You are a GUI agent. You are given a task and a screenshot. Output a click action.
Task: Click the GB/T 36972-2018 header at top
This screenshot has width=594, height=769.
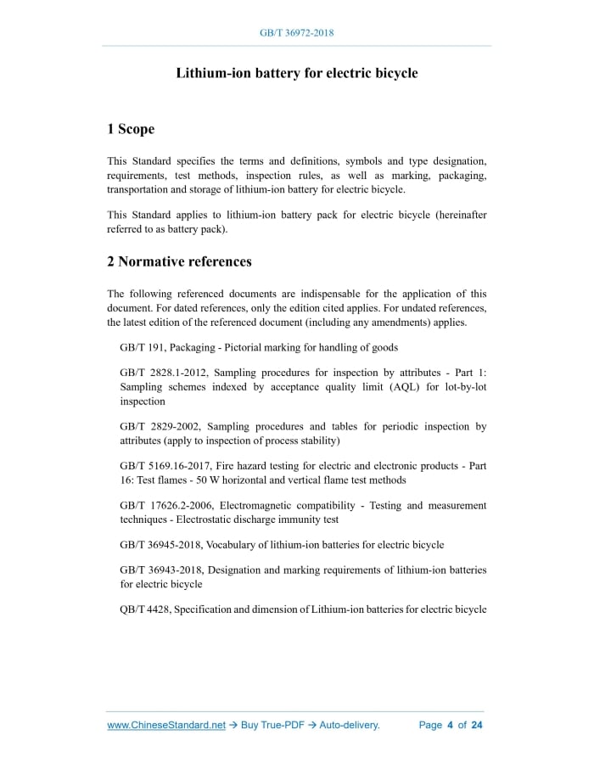point(296,33)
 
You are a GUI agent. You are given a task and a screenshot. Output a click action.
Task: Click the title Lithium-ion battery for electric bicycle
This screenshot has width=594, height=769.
point(296,73)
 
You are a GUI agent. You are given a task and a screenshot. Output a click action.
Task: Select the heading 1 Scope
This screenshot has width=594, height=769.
point(131,129)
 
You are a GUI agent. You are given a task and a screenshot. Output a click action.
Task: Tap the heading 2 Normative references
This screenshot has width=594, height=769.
point(179,261)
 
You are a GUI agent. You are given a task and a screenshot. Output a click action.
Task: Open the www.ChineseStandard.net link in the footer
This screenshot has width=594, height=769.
point(166,725)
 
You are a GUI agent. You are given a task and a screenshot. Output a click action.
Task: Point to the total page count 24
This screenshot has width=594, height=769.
point(477,725)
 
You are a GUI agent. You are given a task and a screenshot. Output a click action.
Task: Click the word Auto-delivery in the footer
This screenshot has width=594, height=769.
point(349,725)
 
